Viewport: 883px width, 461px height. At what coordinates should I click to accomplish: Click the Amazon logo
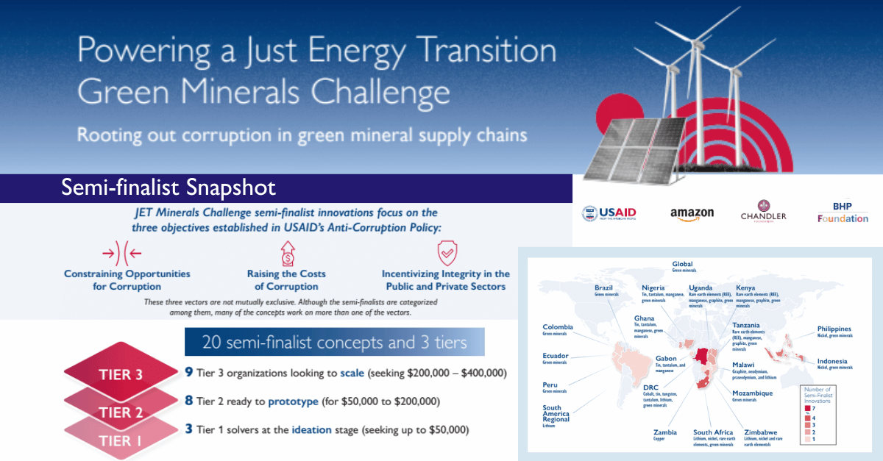click(692, 214)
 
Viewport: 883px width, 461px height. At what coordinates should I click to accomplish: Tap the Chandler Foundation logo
click(763, 212)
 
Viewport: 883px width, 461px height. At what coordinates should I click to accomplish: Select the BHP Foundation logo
click(843, 213)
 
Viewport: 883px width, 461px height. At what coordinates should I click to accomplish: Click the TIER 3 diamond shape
click(121, 374)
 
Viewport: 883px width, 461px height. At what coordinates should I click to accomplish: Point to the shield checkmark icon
click(446, 254)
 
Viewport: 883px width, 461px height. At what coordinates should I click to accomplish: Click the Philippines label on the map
click(834, 329)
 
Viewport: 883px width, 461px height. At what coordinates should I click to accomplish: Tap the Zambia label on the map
click(665, 432)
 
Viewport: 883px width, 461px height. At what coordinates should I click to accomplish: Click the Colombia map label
click(558, 327)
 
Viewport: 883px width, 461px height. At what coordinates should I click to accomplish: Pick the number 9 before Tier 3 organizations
click(189, 373)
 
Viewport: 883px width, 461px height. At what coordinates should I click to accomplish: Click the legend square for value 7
click(807, 407)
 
